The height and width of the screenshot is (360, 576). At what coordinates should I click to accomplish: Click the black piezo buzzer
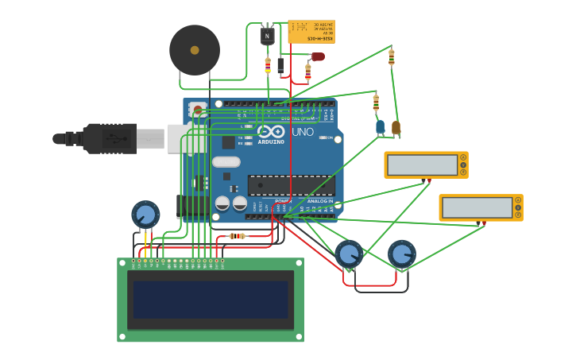195,50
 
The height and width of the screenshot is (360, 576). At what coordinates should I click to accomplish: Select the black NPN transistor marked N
268,36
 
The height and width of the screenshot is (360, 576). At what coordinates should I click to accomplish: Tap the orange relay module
311,32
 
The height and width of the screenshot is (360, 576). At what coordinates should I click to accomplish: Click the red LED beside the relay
318,56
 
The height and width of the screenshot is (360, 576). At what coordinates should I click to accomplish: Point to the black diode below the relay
280,66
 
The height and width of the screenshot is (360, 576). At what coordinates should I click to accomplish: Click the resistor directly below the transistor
268,65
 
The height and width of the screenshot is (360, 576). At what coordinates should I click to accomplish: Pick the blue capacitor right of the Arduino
381,126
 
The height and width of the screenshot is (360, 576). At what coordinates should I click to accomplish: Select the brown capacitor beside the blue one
396,126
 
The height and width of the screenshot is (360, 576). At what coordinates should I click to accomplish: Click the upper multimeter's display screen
422,165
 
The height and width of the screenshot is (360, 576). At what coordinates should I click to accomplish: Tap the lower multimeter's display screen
477,207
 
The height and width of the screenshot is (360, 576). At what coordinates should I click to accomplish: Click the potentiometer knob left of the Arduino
145,215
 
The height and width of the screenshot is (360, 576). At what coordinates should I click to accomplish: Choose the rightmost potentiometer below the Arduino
402,254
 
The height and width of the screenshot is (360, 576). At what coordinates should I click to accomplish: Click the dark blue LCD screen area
211,300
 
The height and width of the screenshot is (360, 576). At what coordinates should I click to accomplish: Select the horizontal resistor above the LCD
237,236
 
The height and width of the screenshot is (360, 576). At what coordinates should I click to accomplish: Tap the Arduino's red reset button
197,109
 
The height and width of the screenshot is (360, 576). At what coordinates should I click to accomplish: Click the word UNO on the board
303,132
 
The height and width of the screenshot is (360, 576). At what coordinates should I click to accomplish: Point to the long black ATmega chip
291,185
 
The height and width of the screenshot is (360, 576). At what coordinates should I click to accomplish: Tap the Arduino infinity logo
271,132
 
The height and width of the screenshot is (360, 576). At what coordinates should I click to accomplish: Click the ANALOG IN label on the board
320,201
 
